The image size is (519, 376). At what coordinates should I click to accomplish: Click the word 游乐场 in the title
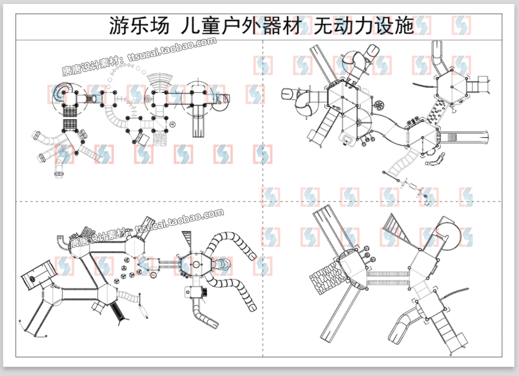coord(138,26)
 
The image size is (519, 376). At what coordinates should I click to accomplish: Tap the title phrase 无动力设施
coord(364,26)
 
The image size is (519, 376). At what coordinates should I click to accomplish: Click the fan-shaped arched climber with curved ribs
coord(160,78)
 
